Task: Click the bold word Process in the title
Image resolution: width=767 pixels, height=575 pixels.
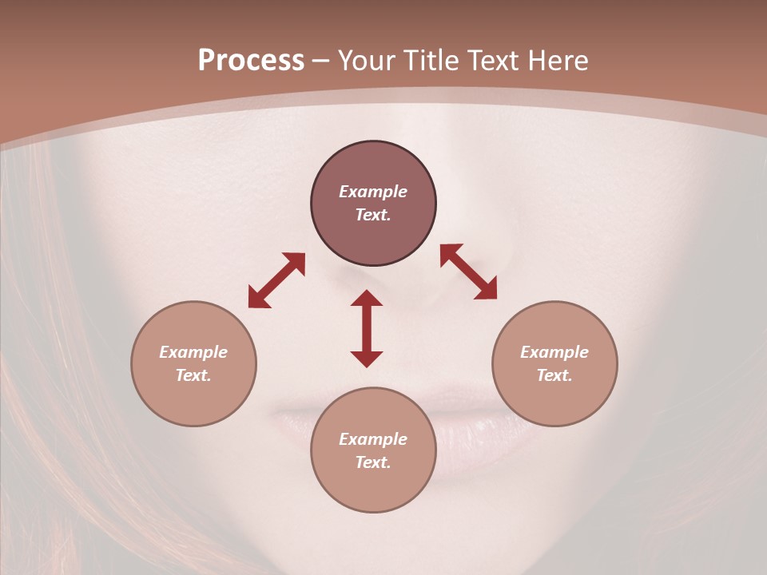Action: (x=251, y=61)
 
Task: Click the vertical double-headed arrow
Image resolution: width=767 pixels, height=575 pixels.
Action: (x=367, y=328)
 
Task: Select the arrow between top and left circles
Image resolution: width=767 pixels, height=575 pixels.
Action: (x=276, y=280)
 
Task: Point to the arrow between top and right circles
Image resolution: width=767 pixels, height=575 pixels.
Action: (x=468, y=272)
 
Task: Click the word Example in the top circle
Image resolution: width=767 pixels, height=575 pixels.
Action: (x=373, y=192)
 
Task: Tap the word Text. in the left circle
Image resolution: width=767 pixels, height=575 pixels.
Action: (x=193, y=375)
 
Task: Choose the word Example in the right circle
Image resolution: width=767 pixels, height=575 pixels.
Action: (x=554, y=352)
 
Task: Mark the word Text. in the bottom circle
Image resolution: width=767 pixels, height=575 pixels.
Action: (x=373, y=462)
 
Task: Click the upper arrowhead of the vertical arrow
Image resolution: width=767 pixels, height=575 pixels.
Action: (x=367, y=298)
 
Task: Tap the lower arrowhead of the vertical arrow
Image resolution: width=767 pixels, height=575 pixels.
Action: (x=367, y=359)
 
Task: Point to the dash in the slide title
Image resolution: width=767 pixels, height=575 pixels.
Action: (x=321, y=61)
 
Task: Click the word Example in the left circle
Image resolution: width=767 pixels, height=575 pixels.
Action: (x=193, y=352)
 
